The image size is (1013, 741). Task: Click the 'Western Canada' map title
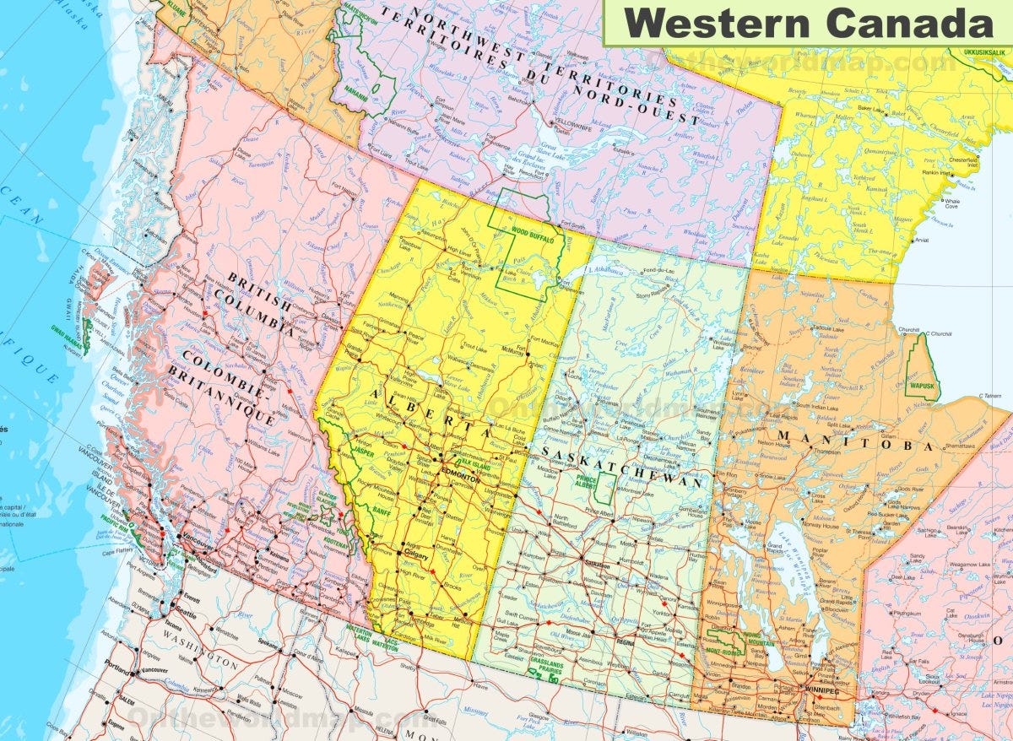tap(808, 22)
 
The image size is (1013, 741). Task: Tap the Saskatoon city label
tap(596, 565)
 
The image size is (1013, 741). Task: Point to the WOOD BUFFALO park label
tap(531, 239)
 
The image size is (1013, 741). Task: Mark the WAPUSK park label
tap(922, 386)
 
